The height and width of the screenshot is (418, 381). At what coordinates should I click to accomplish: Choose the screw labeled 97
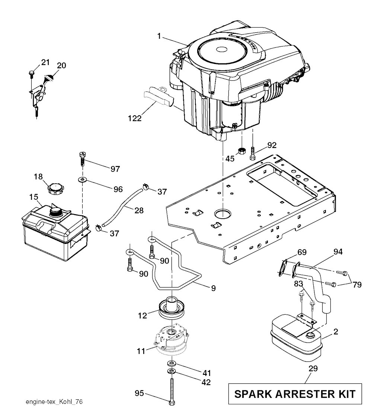83,159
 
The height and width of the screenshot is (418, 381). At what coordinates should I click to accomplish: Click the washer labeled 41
171,363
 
